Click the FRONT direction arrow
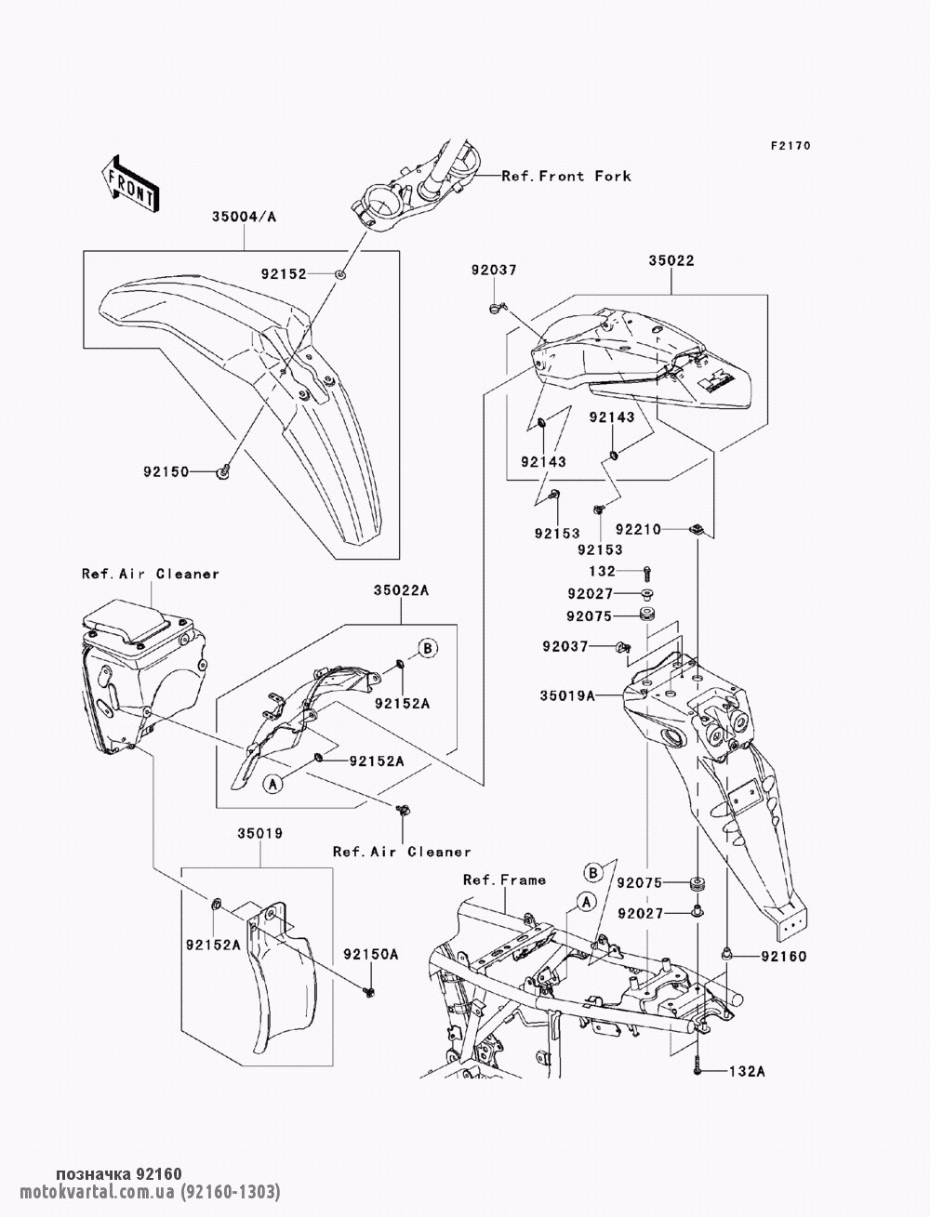tap(129, 183)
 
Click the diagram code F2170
tap(790, 146)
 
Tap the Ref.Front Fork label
tap(566, 176)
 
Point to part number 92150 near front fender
tap(166, 472)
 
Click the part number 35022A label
tap(402, 589)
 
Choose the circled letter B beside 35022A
tap(426, 648)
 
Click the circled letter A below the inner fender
tap(272, 784)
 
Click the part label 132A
tap(745, 1072)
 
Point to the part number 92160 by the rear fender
tap(782, 957)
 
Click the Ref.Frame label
tap(505, 880)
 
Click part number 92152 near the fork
tap(285, 274)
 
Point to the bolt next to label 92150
tap(225, 473)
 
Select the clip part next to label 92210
tap(695, 529)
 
